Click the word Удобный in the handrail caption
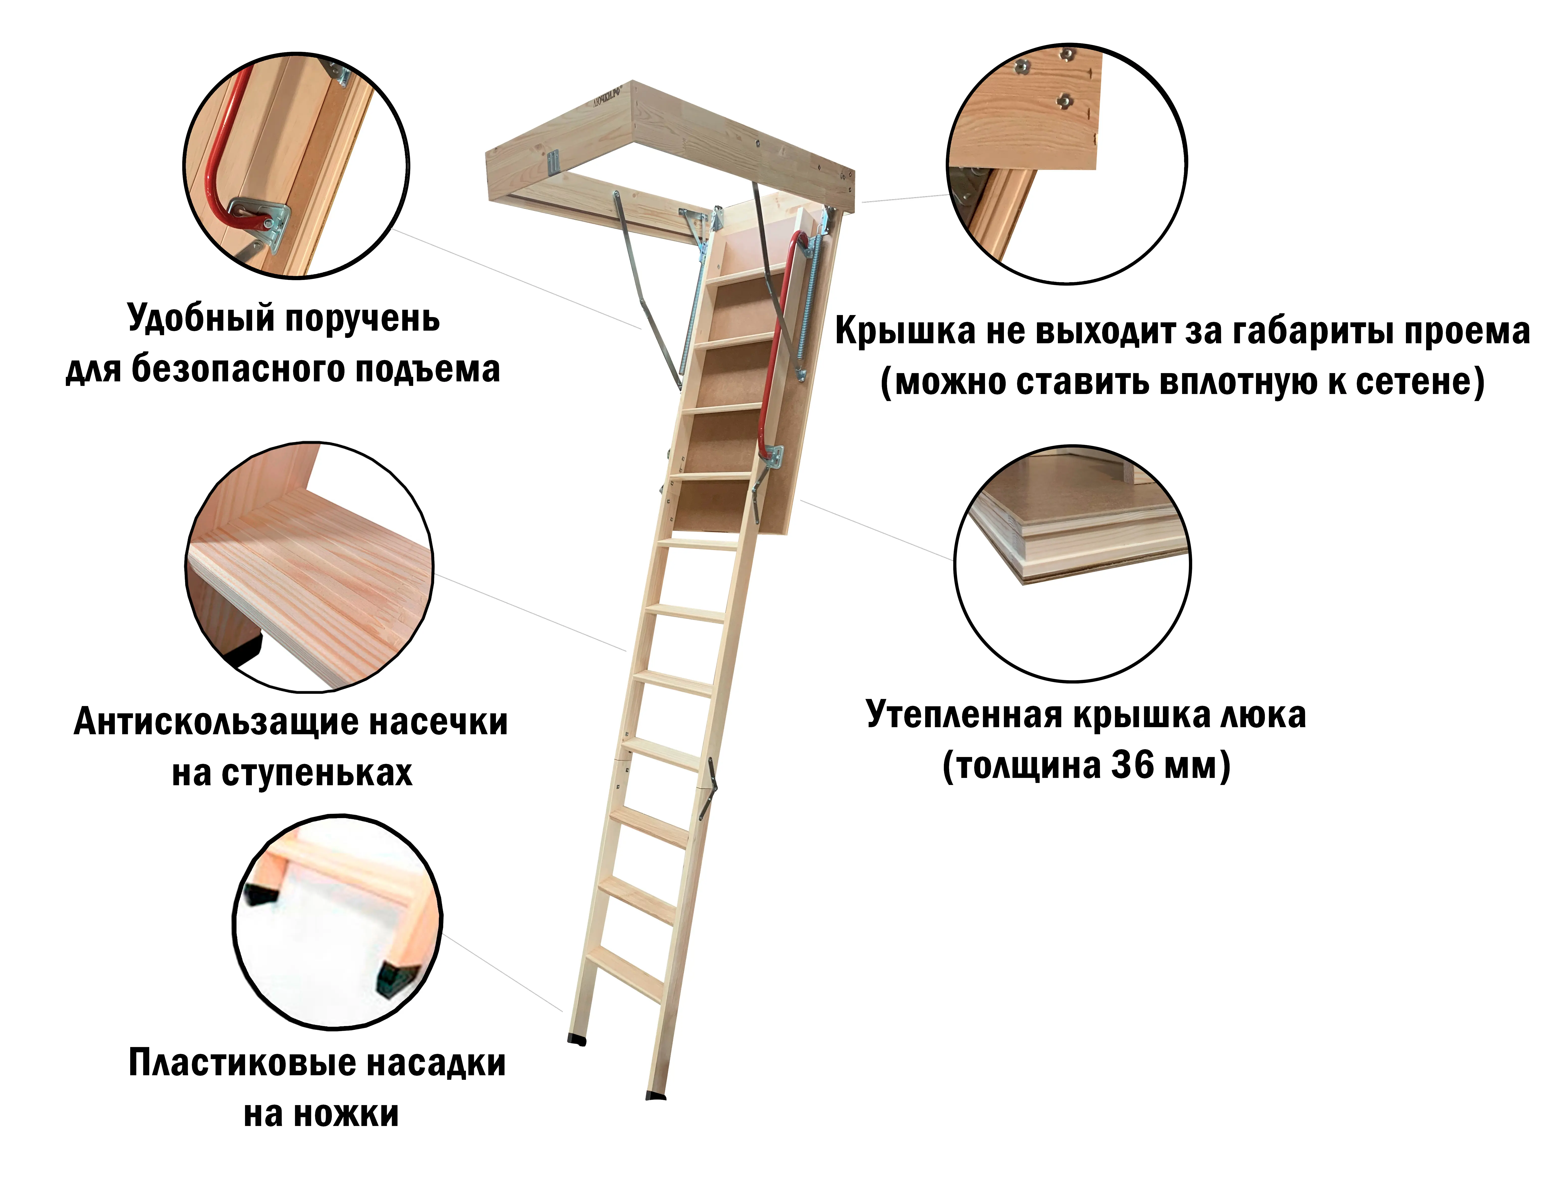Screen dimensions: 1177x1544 (x=201, y=319)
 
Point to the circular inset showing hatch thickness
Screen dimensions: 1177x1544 (x=1072, y=564)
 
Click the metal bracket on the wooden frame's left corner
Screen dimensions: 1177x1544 (x=553, y=163)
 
